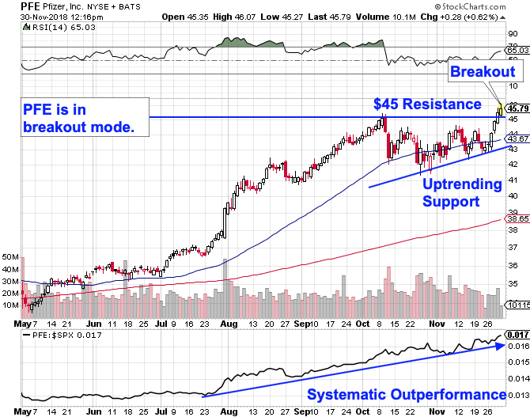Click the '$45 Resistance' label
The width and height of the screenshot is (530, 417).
click(426, 104)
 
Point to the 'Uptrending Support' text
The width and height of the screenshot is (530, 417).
click(462, 193)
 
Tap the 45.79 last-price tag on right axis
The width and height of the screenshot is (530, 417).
click(517, 108)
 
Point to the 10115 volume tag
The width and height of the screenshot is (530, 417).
click(517, 304)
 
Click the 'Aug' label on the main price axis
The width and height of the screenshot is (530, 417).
click(229, 324)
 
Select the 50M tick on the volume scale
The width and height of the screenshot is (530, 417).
click(10, 257)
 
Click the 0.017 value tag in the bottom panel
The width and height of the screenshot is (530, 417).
click(517, 335)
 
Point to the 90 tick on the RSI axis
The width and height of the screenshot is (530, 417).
click(513, 34)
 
